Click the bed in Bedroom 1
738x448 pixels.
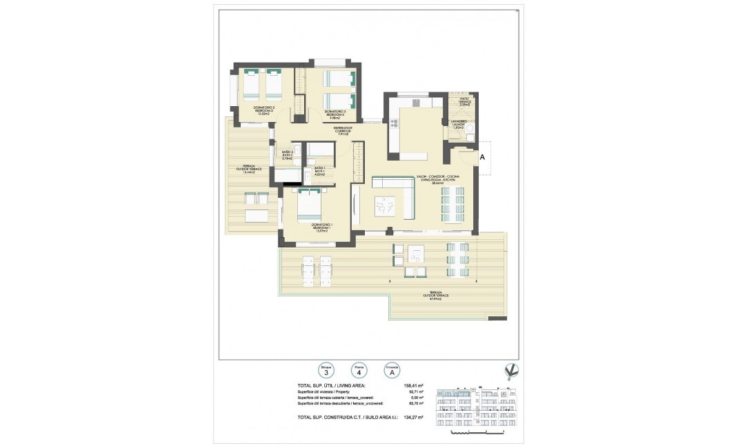309,205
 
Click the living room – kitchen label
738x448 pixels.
438,180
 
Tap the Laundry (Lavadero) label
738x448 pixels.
459,125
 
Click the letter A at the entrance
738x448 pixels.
483,157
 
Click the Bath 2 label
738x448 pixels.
288,155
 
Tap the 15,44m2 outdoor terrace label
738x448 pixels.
246,170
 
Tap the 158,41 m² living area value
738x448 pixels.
412,386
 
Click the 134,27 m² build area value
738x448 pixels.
412,416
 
